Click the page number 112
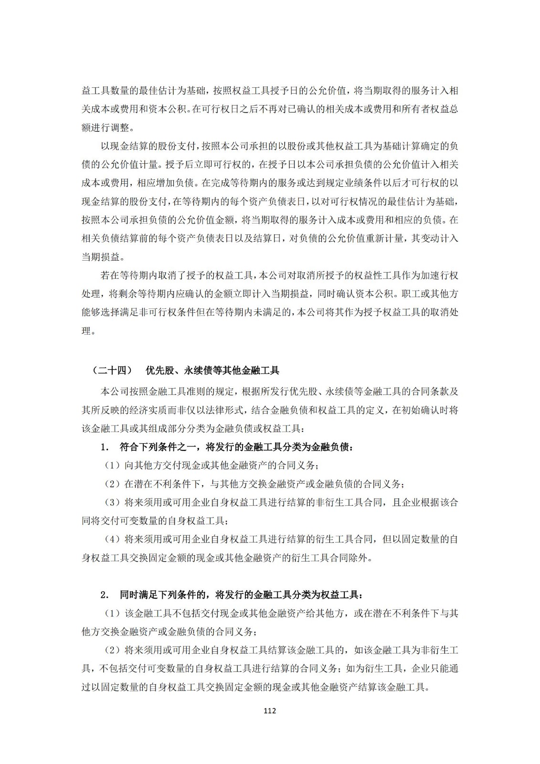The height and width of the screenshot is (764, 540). (270, 711)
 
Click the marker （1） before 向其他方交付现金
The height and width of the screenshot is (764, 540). (113, 465)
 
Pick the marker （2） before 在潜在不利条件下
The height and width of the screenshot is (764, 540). (113, 484)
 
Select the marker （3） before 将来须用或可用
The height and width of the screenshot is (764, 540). (113, 502)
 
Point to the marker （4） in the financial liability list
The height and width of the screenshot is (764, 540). (113, 539)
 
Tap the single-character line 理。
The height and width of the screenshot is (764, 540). (88, 331)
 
